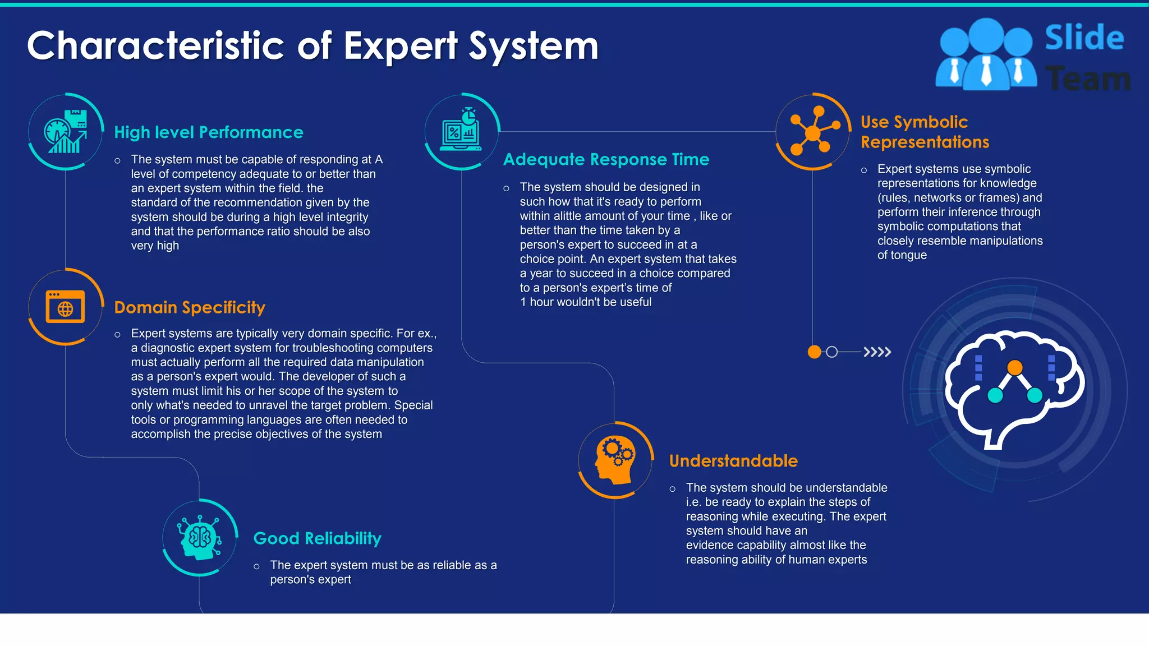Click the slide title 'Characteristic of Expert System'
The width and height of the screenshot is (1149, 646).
click(312, 45)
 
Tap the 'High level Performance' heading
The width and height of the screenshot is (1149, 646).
click(208, 132)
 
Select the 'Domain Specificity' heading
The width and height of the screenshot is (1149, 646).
click(190, 307)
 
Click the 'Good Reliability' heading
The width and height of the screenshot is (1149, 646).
click(317, 538)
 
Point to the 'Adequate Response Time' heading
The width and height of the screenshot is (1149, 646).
click(606, 159)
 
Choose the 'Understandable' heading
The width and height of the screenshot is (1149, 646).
click(733, 461)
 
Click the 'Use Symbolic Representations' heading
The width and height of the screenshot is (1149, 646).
click(925, 132)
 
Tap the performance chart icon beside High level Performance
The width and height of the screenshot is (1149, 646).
click(66, 132)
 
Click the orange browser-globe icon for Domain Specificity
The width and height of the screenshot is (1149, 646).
click(66, 307)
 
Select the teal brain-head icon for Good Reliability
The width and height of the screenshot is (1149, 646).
click(200, 538)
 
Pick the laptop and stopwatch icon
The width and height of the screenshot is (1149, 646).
click(462, 131)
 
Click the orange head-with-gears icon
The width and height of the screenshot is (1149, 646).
click(615, 460)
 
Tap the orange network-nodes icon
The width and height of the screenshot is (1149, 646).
click(813, 132)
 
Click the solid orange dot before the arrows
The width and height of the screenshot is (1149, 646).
click(814, 352)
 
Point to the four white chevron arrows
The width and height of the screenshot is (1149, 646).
click(877, 352)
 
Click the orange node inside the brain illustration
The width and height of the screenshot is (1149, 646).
click(1014, 368)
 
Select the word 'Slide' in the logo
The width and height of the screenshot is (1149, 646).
click(1084, 38)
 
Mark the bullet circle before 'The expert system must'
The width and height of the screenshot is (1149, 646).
click(256, 566)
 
